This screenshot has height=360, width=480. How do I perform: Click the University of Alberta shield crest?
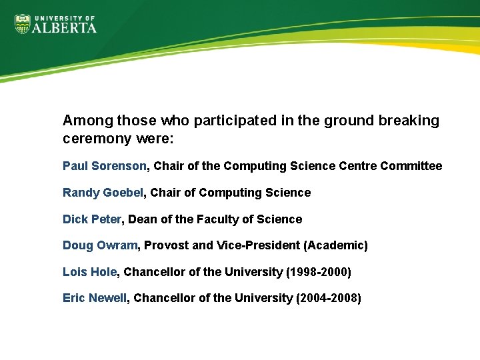[x=23, y=24]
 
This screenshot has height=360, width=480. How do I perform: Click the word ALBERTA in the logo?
[x=65, y=27]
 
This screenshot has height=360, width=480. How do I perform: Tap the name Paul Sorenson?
[x=105, y=166]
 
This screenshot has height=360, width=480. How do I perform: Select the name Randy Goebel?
[x=103, y=193]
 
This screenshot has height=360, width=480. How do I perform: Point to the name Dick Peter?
[x=92, y=219]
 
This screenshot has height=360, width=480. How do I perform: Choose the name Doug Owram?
[x=99, y=245]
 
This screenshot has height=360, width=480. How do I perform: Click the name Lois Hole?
[x=90, y=272]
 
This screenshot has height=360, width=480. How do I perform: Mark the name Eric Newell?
[x=94, y=298]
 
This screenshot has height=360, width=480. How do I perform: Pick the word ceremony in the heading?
[x=94, y=140]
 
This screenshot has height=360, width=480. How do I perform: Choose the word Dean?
[x=143, y=219]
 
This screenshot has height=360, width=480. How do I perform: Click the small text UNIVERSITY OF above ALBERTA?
[x=64, y=18]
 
